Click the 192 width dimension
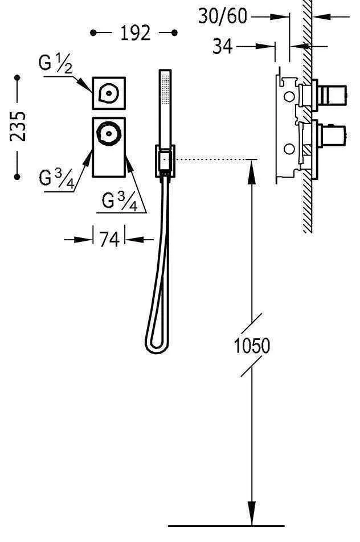[135, 34]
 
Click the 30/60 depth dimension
[223, 17]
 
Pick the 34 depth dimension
[223, 46]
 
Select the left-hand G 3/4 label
[56, 179]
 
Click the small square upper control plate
[109, 92]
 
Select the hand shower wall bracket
[164, 161]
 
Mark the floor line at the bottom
[226, 525]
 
